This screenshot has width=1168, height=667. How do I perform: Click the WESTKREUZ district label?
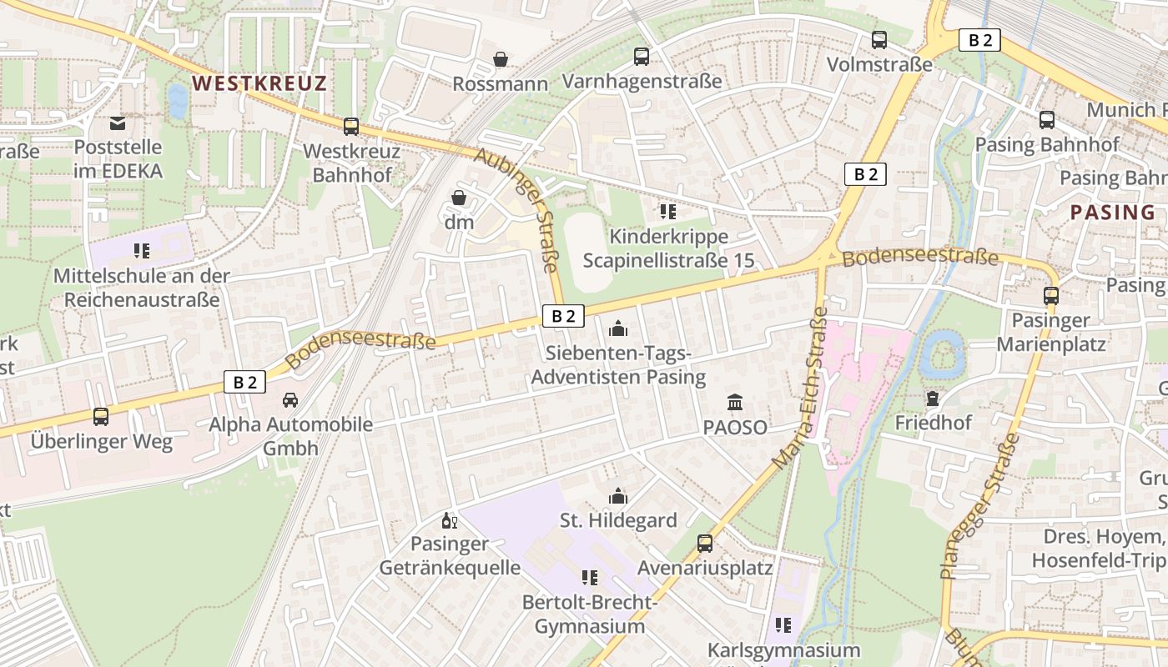pos(259,83)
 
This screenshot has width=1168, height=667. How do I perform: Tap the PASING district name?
pos(1112,212)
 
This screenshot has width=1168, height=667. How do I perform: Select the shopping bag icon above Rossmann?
pos(500,59)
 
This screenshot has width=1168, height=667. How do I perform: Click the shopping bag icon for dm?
pos(459,198)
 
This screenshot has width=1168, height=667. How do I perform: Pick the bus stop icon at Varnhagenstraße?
pos(641,57)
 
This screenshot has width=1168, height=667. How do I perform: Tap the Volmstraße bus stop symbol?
pos(879,39)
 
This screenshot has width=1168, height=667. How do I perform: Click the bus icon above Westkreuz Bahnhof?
pos(351,127)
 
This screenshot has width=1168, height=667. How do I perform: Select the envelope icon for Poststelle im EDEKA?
pos(118,123)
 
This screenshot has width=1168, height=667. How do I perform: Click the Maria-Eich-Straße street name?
pos(800,388)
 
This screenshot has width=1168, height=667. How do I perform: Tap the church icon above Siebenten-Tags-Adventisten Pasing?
pos(617,328)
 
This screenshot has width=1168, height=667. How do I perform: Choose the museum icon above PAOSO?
pos(734,403)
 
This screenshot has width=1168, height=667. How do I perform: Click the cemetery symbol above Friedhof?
pos(933,399)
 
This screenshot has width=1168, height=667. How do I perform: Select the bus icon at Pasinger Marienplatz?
pos(1050,295)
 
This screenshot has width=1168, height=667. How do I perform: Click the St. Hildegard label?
pos(617,520)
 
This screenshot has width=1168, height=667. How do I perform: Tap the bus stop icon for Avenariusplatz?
pos(705,544)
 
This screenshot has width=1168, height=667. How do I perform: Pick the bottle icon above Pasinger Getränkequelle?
pos(449,521)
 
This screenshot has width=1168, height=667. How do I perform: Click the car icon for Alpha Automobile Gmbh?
pos(290,400)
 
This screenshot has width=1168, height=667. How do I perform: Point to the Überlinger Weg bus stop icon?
pos(101,416)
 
